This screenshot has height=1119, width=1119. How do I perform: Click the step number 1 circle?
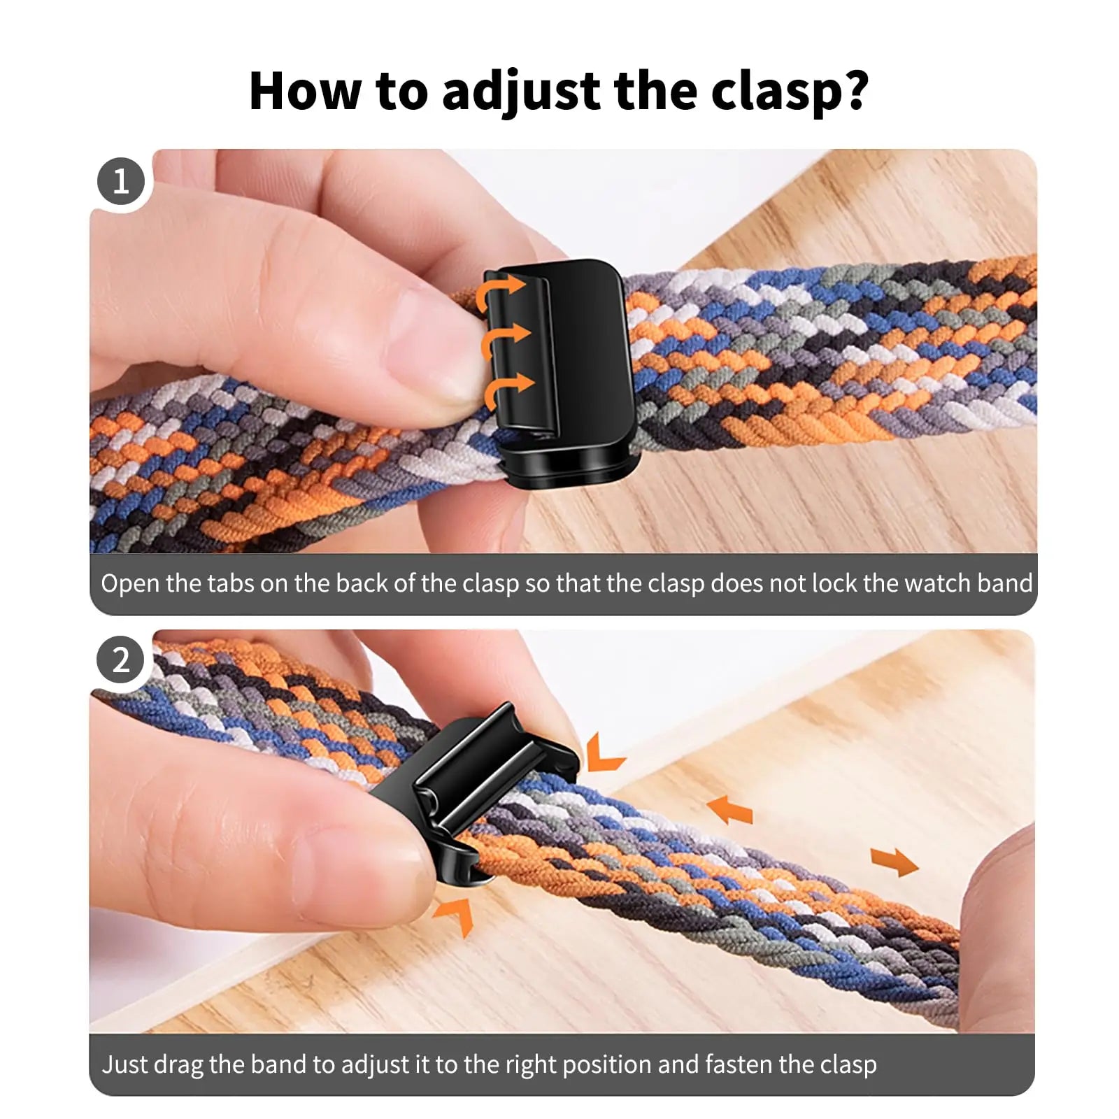[121, 182]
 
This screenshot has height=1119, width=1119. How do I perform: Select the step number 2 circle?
[121, 660]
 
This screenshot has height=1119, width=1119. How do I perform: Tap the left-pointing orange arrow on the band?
[729, 810]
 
